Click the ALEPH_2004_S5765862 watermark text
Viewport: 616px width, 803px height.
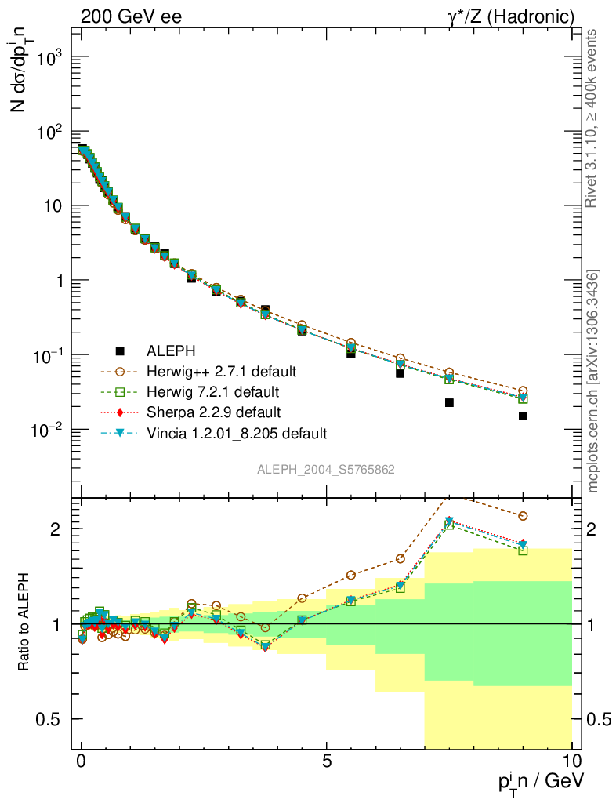[x=326, y=470]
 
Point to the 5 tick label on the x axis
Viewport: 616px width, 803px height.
[x=327, y=760]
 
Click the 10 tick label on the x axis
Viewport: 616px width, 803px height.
[x=571, y=760]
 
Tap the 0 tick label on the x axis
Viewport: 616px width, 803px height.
[x=82, y=760]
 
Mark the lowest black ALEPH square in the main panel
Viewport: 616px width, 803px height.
[x=523, y=416]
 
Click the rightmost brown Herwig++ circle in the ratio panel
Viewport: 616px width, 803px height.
[x=523, y=516]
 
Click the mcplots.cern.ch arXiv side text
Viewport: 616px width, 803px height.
[x=593, y=380]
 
